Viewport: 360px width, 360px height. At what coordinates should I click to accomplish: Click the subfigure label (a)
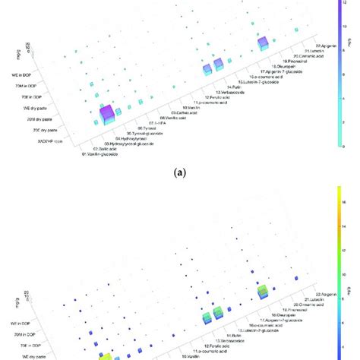[179, 172]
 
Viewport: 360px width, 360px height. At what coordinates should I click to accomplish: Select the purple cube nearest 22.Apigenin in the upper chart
[264, 45]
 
